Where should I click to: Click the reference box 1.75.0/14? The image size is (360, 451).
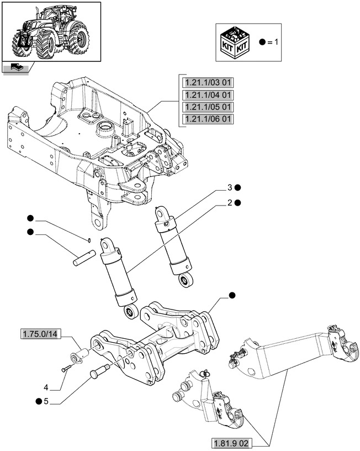coord(41,333)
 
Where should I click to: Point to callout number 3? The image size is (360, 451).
coord(228,188)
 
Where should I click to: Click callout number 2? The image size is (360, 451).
coord(228,203)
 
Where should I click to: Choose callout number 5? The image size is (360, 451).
coord(47,401)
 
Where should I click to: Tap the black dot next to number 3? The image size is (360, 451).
coord(237,188)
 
